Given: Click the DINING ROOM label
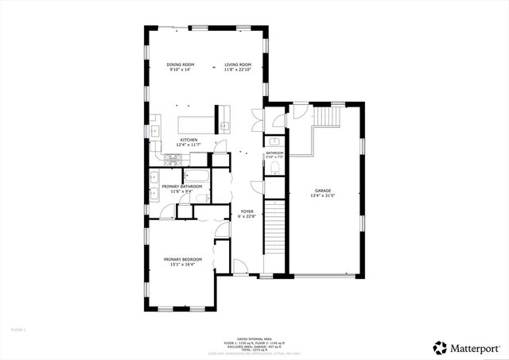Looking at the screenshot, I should pyautogui.click(x=179, y=65).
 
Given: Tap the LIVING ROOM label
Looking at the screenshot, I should pyautogui.click(x=238, y=65).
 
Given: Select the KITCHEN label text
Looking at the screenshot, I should pyautogui.click(x=188, y=140).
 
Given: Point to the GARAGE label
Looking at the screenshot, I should pyautogui.click(x=322, y=191).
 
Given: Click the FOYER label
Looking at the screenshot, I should pyautogui.click(x=247, y=211).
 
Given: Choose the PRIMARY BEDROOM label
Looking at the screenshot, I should pyautogui.click(x=183, y=260).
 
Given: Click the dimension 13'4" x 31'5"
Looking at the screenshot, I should pyautogui.click(x=322, y=195).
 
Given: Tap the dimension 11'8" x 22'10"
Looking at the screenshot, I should pyautogui.click(x=238, y=70).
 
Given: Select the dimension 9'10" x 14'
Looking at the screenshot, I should pyautogui.click(x=179, y=70).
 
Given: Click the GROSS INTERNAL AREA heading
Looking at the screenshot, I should pyautogui.click(x=254, y=337).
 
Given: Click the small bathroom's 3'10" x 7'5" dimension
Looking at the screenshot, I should pyautogui.click(x=275, y=157).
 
